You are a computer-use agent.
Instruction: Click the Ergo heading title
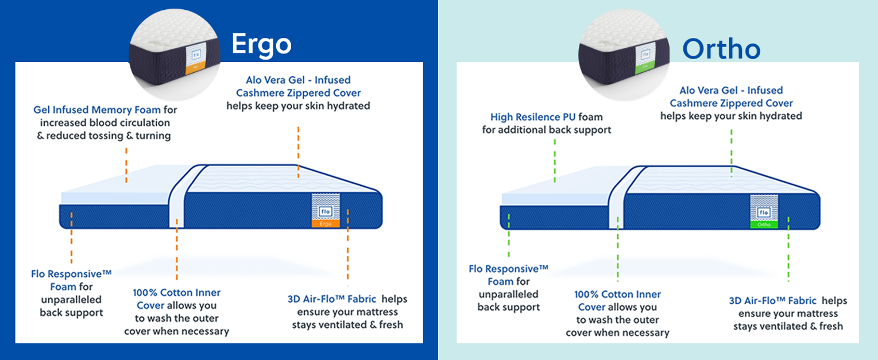point(261,44)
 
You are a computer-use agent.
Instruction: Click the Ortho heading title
point(721,49)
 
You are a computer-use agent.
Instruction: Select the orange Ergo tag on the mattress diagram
point(326,224)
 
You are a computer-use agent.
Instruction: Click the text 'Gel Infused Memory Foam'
point(98,109)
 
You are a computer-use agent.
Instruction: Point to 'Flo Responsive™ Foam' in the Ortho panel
point(508,275)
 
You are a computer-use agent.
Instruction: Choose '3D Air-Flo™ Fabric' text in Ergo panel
point(332,299)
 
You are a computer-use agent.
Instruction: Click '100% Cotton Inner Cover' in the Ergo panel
point(176,299)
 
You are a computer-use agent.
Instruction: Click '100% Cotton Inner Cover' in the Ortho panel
point(617,300)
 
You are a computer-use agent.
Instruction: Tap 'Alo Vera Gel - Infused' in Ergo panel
point(298,80)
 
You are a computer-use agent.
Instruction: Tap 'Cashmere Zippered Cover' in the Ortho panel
point(731,103)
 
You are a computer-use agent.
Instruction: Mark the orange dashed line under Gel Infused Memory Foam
point(126,164)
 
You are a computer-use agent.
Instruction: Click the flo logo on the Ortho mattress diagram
point(764,212)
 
